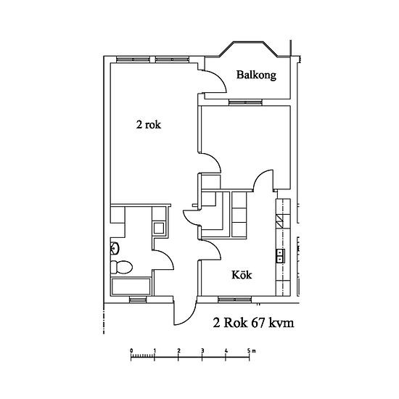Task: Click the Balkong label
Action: (256, 75)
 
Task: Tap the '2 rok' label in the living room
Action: (149, 125)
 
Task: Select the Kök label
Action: (242, 275)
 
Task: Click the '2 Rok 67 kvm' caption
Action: (253, 323)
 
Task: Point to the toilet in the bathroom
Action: (122, 267)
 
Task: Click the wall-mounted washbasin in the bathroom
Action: (115, 248)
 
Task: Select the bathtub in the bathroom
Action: (131, 287)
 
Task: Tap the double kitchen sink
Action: (281, 256)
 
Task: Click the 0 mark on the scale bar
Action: (131, 350)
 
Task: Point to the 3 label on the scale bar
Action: (202, 350)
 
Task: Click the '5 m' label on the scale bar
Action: (251, 350)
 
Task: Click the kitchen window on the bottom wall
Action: (234, 300)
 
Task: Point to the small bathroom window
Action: (138, 300)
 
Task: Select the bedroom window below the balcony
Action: (245, 102)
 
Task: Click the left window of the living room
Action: (133, 59)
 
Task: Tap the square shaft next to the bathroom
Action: (159, 228)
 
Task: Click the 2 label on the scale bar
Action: (179, 350)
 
